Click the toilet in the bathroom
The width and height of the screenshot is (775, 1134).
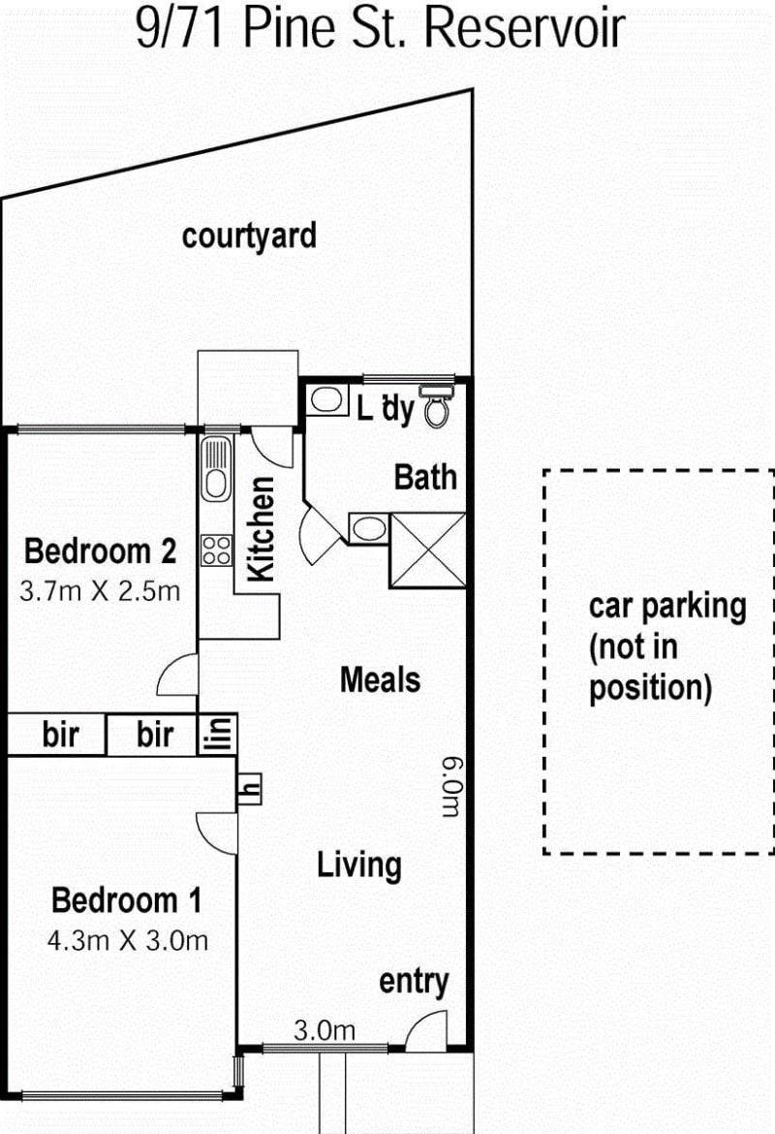tap(436, 406)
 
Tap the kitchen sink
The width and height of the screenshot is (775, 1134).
tap(216, 469)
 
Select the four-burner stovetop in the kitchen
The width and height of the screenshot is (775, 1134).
tap(216, 550)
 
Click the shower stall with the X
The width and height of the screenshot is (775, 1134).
tap(427, 550)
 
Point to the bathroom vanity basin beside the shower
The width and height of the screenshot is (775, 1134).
tap(369, 528)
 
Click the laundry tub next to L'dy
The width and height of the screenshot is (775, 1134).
tap(327, 400)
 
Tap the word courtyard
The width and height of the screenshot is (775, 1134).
tap(249, 236)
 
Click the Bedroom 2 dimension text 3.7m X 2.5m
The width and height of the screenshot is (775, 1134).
tap(100, 591)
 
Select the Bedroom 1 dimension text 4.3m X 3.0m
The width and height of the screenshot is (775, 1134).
tap(128, 941)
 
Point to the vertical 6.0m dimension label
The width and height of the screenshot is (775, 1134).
tap(452, 787)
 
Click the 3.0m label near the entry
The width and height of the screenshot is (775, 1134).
tap(325, 1030)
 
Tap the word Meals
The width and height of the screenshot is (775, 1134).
tap(381, 679)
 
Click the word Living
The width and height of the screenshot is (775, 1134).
tap(359, 865)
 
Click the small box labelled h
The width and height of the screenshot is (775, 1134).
tap(249, 789)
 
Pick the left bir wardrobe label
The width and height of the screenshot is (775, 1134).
tap(61, 735)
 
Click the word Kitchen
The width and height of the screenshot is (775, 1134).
tap(261, 528)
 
